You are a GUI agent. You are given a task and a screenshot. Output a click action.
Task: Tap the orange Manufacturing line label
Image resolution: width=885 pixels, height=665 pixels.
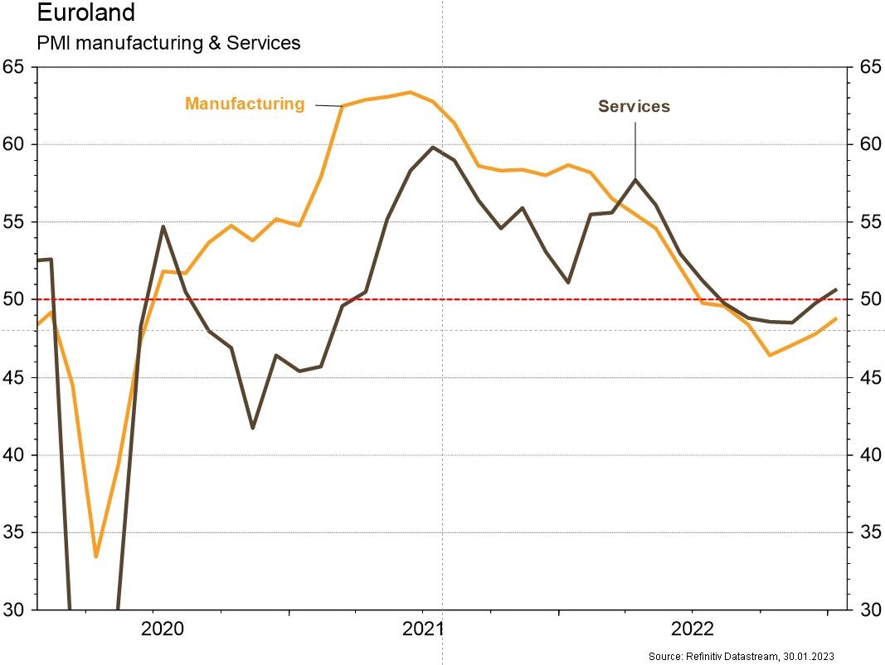pos(245,104)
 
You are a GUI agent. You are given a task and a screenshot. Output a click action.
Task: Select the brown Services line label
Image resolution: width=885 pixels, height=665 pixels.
pos(634,106)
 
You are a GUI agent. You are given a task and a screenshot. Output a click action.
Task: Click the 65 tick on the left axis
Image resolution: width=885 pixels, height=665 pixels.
pos(15,67)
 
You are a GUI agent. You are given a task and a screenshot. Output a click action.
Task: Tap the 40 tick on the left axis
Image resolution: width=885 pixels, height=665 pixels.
pos(15,455)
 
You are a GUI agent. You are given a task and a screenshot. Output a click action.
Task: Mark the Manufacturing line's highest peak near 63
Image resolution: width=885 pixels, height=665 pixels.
pos(411,92)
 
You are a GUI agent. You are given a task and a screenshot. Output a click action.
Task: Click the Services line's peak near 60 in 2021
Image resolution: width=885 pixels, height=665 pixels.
pos(433,148)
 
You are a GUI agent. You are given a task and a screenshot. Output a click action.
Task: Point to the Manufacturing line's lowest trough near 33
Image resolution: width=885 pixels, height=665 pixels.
pos(96,556)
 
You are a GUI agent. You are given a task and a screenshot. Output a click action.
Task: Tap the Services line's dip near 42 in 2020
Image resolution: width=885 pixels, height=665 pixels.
pos(252,428)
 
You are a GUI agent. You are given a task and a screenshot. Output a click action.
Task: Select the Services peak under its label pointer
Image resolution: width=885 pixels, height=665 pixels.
pos(635,180)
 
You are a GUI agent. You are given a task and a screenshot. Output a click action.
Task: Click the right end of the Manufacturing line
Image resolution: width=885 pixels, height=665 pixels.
pos(836,318)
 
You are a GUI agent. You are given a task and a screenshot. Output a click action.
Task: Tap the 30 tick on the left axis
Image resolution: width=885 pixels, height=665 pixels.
pos(15,609)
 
